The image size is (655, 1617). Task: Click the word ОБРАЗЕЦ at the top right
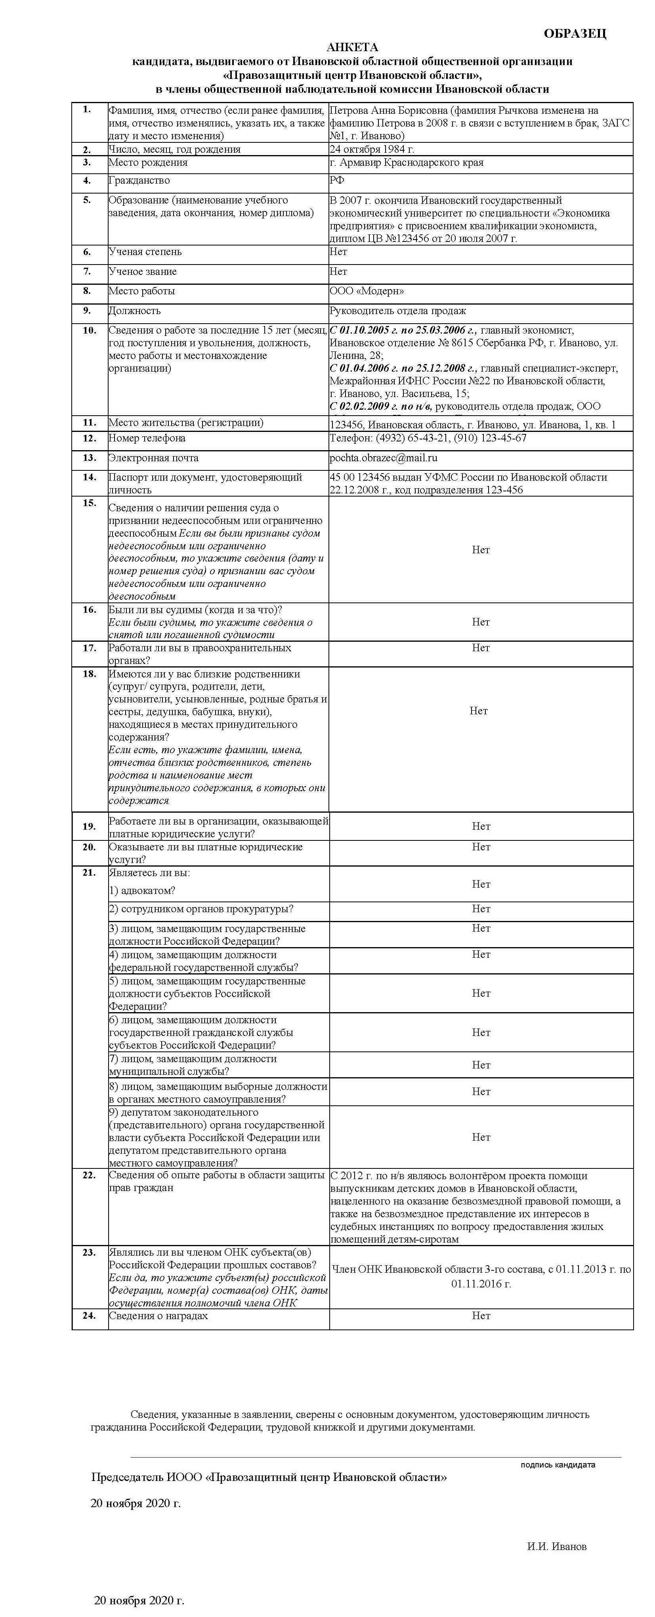click(574, 34)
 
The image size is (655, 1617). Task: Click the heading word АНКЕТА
click(352, 48)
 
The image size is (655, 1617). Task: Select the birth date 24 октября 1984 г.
click(371, 150)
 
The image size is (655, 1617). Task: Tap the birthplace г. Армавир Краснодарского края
click(406, 163)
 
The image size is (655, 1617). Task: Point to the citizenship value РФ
click(337, 181)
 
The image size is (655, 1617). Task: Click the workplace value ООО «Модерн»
click(367, 291)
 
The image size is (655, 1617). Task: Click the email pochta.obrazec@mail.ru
click(383, 458)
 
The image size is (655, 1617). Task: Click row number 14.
click(89, 477)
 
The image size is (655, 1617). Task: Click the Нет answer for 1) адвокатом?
click(481, 884)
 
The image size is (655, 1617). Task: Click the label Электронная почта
click(153, 458)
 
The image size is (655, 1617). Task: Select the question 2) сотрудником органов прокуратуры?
click(201, 909)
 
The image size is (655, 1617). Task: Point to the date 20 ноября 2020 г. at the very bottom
click(139, 1600)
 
